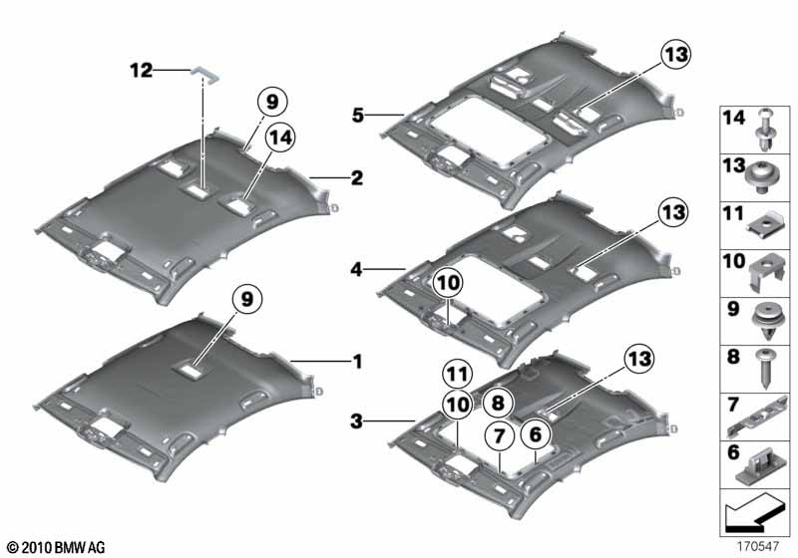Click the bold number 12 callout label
[x=140, y=70]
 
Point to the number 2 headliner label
[x=356, y=178]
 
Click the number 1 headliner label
[x=356, y=361]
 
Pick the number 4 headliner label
[x=357, y=267]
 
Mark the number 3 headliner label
[x=357, y=421]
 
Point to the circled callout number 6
[x=536, y=433]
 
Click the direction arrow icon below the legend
[x=754, y=517]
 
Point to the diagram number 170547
[x=759, y=547]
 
